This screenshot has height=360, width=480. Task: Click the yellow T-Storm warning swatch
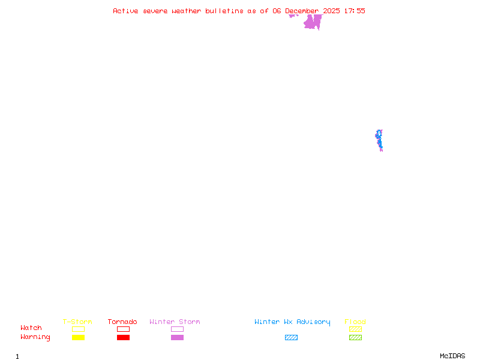pos(78,337)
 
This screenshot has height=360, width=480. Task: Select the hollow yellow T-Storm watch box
pos(78,329)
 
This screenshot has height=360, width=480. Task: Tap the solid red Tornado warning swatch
pos(123,337)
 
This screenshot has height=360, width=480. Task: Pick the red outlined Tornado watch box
pos(123,329)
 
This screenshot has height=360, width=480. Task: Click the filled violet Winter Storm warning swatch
pos(177,337)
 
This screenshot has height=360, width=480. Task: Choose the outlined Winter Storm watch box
pos(177,329)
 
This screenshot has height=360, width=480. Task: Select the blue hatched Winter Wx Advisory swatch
pos(291,337)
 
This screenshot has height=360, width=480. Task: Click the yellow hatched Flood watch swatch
pos(355,329)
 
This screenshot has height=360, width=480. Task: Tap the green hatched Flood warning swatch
pos(355,337)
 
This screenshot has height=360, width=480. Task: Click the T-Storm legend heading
pos(77,322)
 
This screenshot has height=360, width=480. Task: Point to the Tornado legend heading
pos(122,322)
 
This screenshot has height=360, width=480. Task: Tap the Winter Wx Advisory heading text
pos(292,322)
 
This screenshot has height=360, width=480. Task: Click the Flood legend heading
pos(355,322)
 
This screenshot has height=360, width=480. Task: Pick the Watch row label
pos(31,328)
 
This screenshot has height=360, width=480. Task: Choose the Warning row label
pos(35,337)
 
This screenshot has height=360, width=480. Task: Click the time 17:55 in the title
pos(354,11)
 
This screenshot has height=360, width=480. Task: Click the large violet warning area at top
pos(312,23)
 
